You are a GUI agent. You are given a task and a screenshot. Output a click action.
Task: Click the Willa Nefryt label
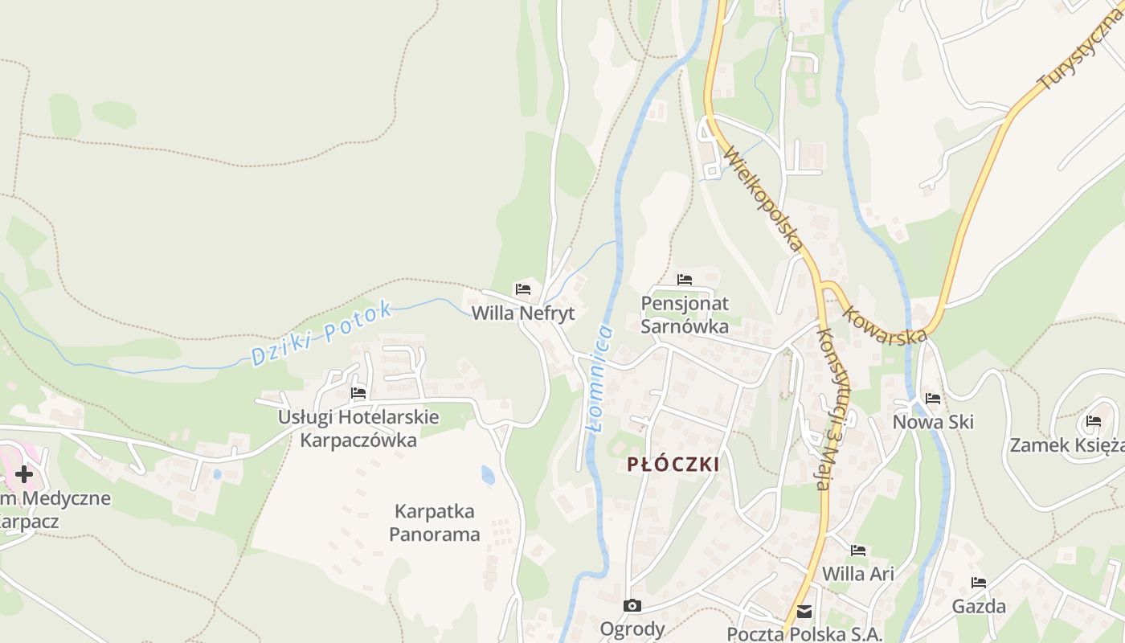tap(523, 313)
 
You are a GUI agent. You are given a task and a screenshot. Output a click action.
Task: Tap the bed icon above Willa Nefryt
tap(523, 289)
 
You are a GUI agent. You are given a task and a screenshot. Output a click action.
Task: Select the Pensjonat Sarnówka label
tap(685, 314)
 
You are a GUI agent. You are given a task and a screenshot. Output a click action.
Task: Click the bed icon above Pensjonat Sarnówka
tap(685, 280)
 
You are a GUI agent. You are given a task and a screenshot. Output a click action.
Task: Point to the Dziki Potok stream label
tap(321, 334)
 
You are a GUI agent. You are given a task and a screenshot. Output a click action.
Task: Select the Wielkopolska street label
tap(763, 198)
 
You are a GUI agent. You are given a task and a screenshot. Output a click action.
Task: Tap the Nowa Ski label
tap(933, 422)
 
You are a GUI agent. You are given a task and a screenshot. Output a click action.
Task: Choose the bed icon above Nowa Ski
tap(933, 399)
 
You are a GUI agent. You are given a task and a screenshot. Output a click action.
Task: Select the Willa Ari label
tap(858, 574)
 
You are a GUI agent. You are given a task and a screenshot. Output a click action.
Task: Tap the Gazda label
tap(979, 606)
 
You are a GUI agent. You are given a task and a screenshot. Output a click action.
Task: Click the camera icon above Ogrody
tap(632, 606)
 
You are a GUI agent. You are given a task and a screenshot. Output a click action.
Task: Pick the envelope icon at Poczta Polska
tap(804, 612)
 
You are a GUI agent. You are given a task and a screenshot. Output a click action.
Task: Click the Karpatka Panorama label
tap(435, 522)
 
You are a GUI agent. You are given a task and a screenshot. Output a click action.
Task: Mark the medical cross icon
tap(24, 474)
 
